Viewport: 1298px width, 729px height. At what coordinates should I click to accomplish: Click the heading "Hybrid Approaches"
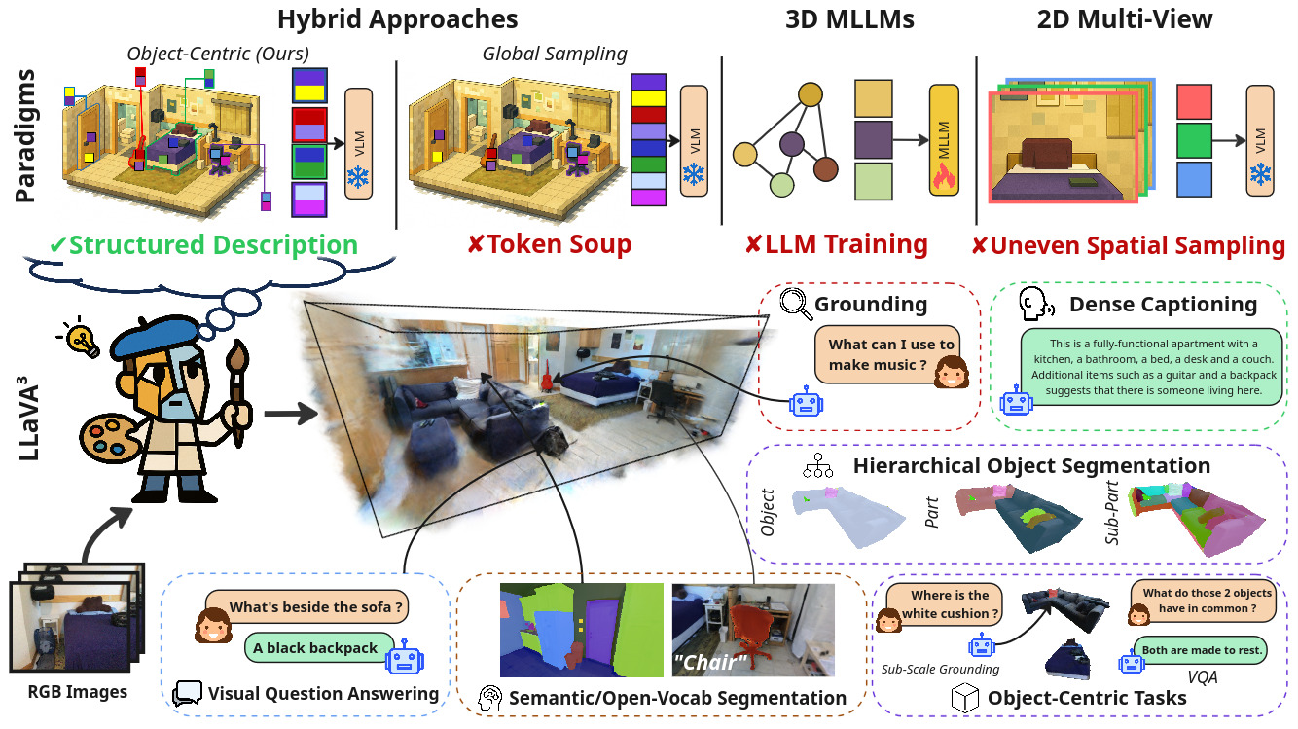(397, 18)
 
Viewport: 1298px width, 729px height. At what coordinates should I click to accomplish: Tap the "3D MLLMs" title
(847, 18)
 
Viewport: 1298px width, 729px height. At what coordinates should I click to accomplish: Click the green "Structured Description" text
(203, 244)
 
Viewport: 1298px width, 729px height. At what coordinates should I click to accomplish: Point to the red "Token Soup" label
(549, 244)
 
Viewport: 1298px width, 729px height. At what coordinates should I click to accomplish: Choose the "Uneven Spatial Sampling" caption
(1129, 245)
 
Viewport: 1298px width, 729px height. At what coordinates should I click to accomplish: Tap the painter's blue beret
(157, 333)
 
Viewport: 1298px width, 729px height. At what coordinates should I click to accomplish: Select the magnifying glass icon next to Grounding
(797, 305)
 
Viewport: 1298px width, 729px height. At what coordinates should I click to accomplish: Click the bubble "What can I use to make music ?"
(891, 354)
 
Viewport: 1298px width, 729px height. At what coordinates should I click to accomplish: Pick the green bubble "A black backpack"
(314, 648)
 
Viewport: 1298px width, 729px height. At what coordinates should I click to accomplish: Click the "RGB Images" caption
(77, 693)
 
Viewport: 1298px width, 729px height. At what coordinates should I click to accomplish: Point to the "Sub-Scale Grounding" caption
(940, 670)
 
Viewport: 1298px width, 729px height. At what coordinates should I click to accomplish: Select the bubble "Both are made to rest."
(1200, 649)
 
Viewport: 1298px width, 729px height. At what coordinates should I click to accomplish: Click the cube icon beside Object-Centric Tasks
(963, 698)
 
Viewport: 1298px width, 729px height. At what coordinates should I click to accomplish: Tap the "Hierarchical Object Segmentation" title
(1031, 466)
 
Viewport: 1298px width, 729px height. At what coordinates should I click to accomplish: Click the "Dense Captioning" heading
(1163, 305)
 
